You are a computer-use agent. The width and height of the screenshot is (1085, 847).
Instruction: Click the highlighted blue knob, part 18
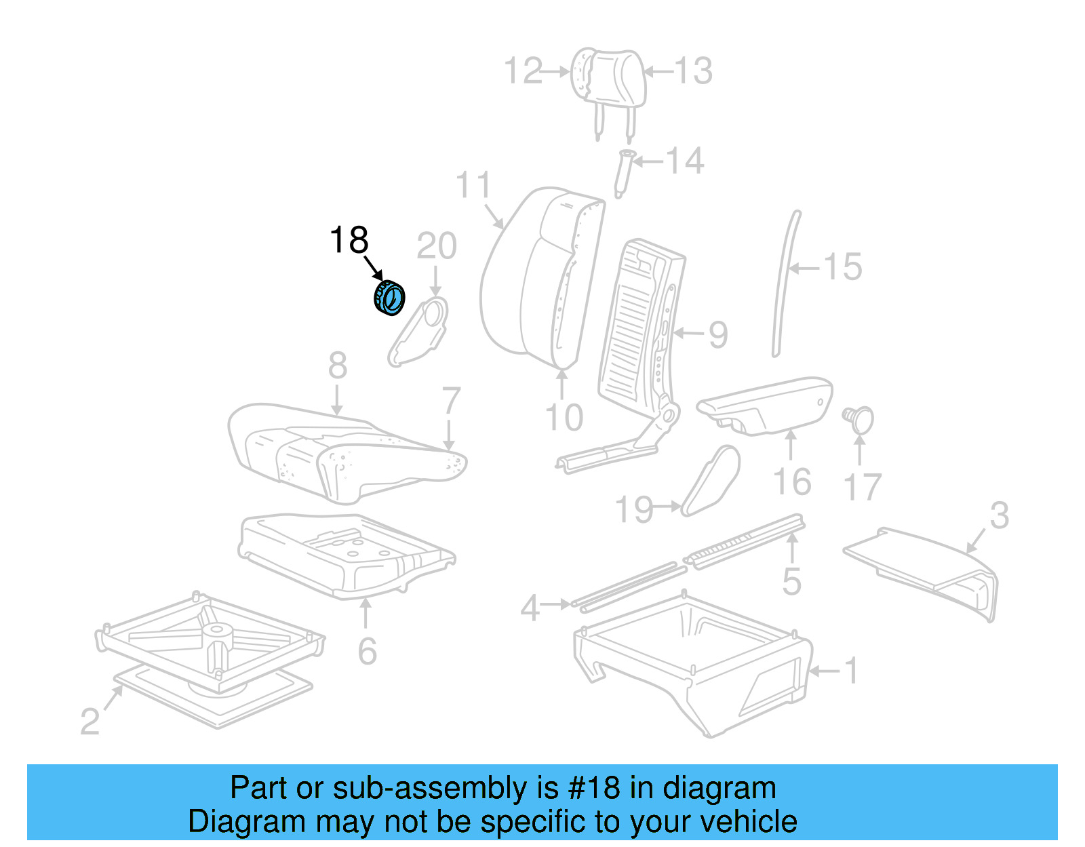390,298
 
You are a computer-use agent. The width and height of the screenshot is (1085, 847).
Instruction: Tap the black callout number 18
349,240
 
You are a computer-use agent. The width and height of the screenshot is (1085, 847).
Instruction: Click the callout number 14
685,161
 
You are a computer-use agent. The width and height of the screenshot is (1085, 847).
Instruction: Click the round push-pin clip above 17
859,418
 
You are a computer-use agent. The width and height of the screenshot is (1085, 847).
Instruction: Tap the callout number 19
633,510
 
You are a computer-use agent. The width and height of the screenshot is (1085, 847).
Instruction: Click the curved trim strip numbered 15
787,285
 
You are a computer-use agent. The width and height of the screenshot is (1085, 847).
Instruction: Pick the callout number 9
718,334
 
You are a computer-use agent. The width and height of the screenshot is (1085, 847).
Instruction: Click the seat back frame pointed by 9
641,326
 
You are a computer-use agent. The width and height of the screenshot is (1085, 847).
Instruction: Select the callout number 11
473,185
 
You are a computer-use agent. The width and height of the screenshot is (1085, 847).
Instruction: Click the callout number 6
367,652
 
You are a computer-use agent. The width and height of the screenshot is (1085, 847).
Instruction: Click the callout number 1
850,671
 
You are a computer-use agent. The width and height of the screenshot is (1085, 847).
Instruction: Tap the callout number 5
791,582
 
